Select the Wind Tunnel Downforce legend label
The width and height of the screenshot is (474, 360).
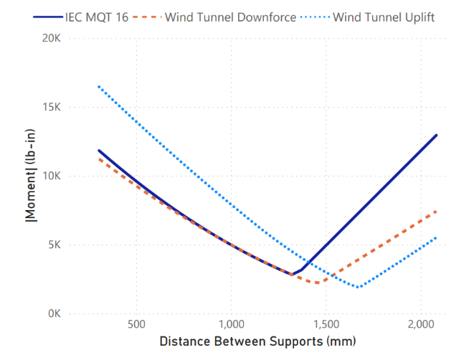[230, 16]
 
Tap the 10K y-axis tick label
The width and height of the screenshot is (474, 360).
[54, 176]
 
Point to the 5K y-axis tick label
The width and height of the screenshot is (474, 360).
[57, 245]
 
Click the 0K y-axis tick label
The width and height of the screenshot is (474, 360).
[57, 313]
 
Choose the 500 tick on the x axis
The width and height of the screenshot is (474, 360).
[136, 325]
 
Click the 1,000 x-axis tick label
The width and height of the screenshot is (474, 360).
[232, 325]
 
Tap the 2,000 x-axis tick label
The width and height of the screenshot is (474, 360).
[422, 325]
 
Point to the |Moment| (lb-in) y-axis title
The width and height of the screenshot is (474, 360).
[29, 176]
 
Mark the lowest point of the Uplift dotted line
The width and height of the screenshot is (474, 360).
[358, 288]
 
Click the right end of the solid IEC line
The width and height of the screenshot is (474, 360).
[436, 135]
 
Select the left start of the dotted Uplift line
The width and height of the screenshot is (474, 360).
[99, 87]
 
